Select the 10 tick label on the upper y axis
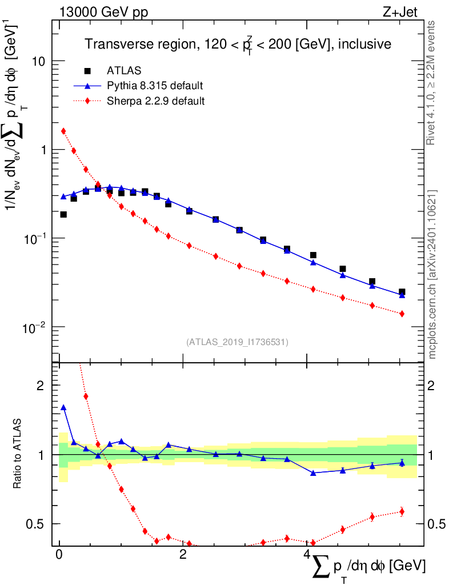click(39, 61)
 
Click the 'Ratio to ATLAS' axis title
click(18, 455)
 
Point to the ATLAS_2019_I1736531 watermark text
click(237, 342)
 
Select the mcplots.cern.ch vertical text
click(432, 274)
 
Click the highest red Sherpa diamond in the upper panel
click(63, 131)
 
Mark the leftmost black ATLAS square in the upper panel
click(63, 215)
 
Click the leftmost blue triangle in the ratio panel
click(63, 408)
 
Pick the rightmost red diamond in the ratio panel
click(402, 511)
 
